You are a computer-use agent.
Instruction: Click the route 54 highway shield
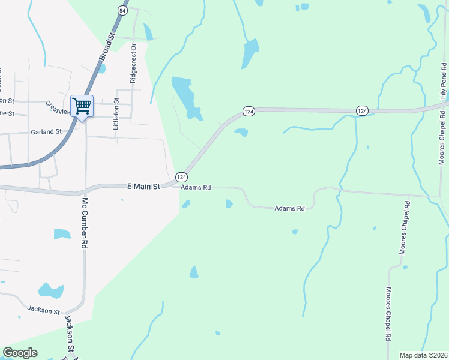tap(123, 11)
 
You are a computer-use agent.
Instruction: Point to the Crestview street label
tap(58, 105)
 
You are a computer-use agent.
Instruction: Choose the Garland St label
tap(46, 131)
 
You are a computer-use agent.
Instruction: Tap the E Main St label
tap(143, 187)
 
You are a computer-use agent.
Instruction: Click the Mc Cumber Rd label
tap(85, 223)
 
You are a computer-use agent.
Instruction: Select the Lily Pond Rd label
tap(443, 81)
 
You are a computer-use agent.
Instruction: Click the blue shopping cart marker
tap(82, 107)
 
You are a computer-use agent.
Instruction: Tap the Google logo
tap(20, 353)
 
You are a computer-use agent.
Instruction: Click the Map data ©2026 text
tap(423, 355)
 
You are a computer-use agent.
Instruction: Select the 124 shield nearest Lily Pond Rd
tap(361, 110)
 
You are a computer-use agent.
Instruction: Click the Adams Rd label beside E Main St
tap(196, 188)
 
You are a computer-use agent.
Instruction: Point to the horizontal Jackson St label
tap(44, 310)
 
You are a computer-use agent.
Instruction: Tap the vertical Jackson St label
tap(70, 333)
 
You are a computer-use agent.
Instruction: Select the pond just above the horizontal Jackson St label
tap(50, 291)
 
